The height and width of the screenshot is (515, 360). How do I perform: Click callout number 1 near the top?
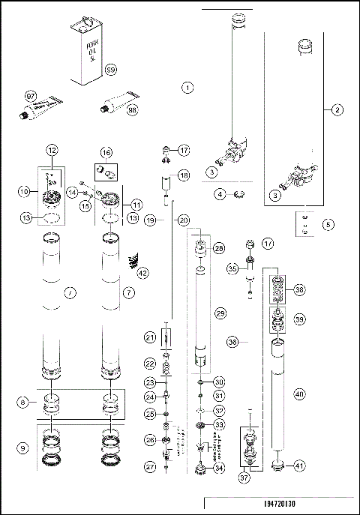coord(187,88)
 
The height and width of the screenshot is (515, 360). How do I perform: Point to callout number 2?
coord(337,110)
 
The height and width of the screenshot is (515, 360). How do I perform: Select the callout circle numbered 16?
coord(107,152)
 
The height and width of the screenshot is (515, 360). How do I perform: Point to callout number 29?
coord(220,311)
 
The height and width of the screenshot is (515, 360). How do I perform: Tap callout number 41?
coord(299,466)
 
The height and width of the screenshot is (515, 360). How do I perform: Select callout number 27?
coord(150,466)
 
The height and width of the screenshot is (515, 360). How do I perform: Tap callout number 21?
coord(150,338)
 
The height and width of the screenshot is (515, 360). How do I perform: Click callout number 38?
coord(300,289)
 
